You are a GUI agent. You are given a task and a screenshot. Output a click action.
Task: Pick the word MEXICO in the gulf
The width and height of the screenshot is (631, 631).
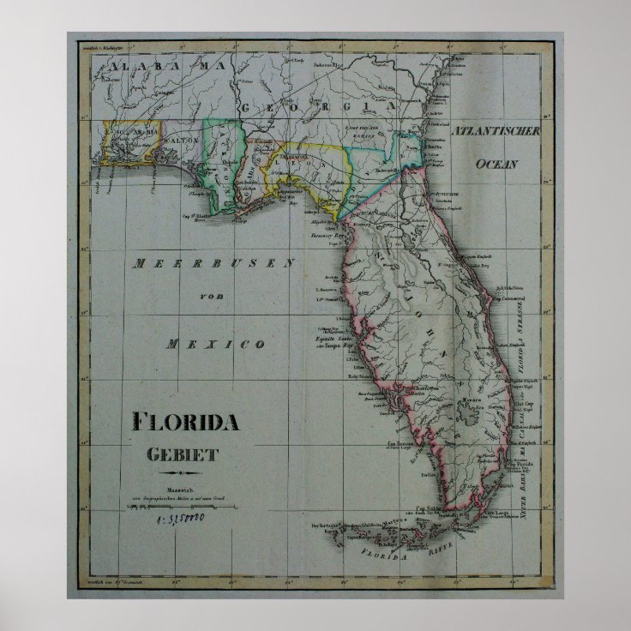coord(215,344)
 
